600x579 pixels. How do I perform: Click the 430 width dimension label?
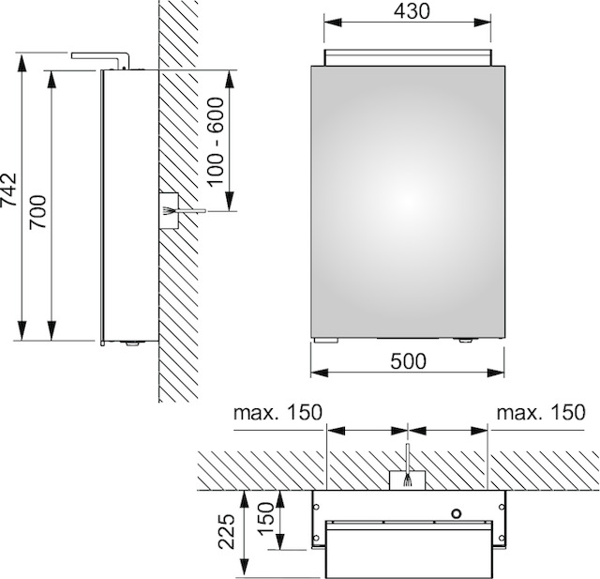coord(412,11)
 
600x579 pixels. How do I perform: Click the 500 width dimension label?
coord(408,361)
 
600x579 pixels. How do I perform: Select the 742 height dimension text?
coord(8,190)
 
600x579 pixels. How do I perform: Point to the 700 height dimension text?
coord(38,212)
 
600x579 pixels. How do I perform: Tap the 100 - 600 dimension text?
coord(216,142)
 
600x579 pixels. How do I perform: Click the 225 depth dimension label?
coord(226,531)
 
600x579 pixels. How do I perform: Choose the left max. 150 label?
coord(278,413)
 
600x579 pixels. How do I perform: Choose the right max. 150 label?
coord(541,413)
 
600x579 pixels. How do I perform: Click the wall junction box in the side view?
coord(169,210)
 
